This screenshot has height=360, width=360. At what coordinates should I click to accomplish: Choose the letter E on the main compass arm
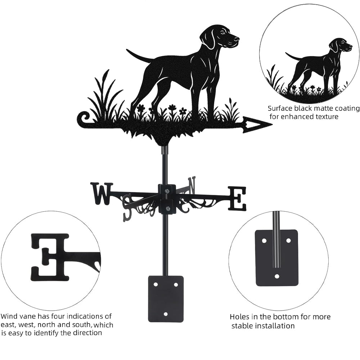coord(237,199)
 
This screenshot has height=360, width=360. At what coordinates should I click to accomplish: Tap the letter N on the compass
coord(192,184)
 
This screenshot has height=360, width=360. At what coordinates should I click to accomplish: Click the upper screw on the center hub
coord(167,190)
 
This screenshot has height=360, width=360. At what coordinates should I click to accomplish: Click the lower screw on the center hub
coord(167,208)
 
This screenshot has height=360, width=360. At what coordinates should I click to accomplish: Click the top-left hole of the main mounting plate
coord(156,284)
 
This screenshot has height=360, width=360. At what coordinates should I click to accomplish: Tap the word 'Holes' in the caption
coord(240,317)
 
